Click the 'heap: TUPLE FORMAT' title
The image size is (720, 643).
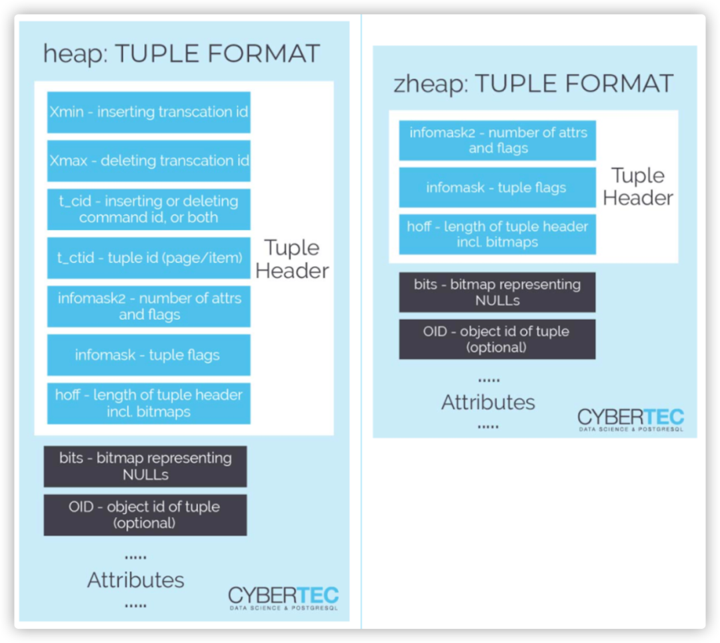pyautogui.click(x=181, y=53)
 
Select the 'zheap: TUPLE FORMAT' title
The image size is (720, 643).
pyautogui.click(x=533, y=83)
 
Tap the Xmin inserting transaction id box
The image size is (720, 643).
pyautogui.click(x=149, y=112)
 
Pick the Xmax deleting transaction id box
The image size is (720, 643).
pyautogui.click(x=149, y=161)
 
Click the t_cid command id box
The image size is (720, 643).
pyautogui.click(x=149, y=209)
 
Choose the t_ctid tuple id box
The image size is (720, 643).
pyautogui.click(x=149, y=258)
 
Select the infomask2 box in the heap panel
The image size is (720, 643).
pyautogui.click(x=149, y=307)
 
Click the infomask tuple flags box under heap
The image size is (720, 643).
pyautogui.click(x=149, y=355)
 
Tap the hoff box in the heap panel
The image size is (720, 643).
pyautogui.click(x=149, y=403)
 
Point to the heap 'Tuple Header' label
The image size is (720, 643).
pyautogui.click(x=292, y=259)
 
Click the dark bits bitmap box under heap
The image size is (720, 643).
pyautogui.click(x=145, y=466)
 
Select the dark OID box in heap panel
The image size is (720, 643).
pyautogui.click(x=145, y=515)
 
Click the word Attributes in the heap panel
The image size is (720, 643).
pyautogui.click(x=135, y=580)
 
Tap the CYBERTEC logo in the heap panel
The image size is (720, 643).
pyautogui.click(x=283, y=598)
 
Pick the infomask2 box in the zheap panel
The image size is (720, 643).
pyautogui.click(x=497, y=141)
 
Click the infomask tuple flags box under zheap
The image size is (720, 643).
pyautogui.click(x=497, y=187)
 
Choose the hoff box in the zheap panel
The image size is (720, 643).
pyautogui.click(x=497, y=235)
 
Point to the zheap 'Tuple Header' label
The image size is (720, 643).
pyautogui.click(x=638, y=187)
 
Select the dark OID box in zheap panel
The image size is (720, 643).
pyautogui.click(x=497, y=339)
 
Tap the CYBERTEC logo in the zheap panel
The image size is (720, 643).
pyautogui.click(x=631, y=420)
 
